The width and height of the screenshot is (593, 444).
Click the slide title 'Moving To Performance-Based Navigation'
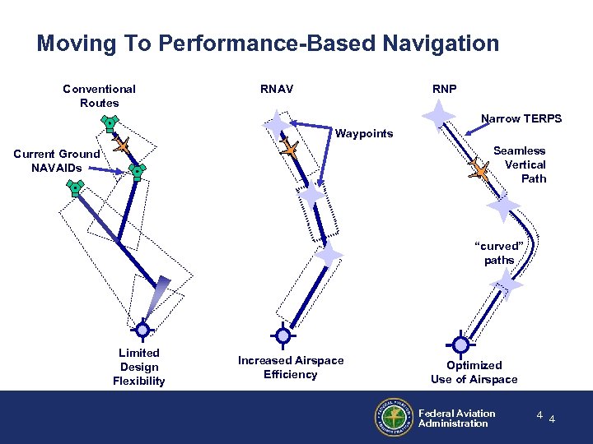[268, 43]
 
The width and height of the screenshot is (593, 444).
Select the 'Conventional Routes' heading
[99, 95]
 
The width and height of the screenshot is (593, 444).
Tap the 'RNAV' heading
[276, 89]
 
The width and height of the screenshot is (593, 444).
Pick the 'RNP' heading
[444, 89]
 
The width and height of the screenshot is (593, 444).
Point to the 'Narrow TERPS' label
[521, 118]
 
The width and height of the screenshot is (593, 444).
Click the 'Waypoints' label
[363, 133]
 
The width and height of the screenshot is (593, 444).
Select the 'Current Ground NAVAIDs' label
[57, 160]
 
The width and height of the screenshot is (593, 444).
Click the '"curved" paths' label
[499, 252]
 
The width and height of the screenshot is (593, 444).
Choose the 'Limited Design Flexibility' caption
[139, 367]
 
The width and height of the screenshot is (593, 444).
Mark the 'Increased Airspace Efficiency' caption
[290, 367]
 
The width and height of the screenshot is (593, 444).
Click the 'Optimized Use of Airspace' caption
[474, 372]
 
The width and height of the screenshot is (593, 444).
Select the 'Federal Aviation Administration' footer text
[456, 419]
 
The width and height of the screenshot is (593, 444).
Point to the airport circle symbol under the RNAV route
[283, 335]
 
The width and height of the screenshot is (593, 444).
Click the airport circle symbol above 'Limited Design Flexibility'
[142, 331]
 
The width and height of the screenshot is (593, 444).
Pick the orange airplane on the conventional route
[123, 146]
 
